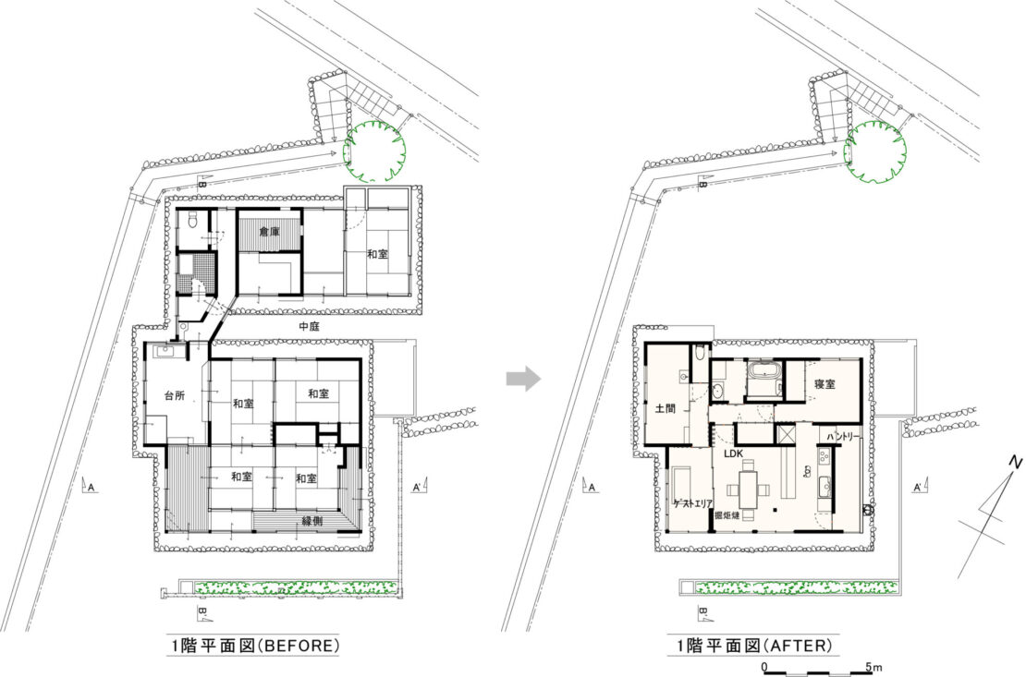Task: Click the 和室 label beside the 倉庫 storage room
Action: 376,253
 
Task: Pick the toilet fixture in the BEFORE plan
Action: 191,221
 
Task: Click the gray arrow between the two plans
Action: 524,378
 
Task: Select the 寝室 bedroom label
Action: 825,382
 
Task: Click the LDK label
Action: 734,453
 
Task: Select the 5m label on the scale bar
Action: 874,666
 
